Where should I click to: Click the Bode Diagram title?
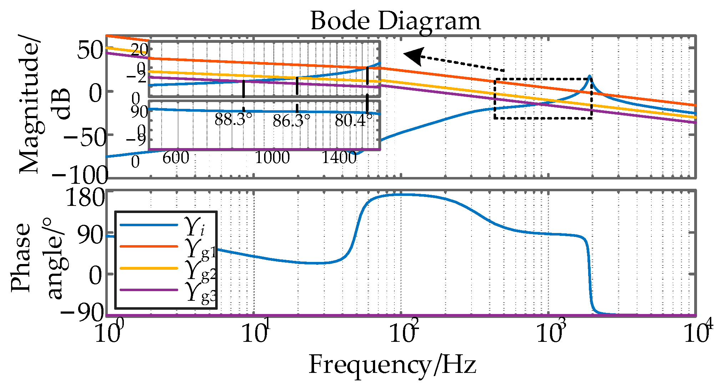coord(395,21)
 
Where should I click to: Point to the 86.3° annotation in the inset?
coord(291,121)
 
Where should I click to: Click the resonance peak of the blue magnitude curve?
coord(590,76)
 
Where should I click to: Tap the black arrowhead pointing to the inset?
coord(414,56)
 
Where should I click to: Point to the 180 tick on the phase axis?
coord(86,197)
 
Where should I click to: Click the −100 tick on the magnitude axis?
coord(80,175)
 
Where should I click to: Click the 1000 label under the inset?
coord(272,158)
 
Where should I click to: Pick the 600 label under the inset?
coord(176,158)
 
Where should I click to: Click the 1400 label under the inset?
coord(339,158)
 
